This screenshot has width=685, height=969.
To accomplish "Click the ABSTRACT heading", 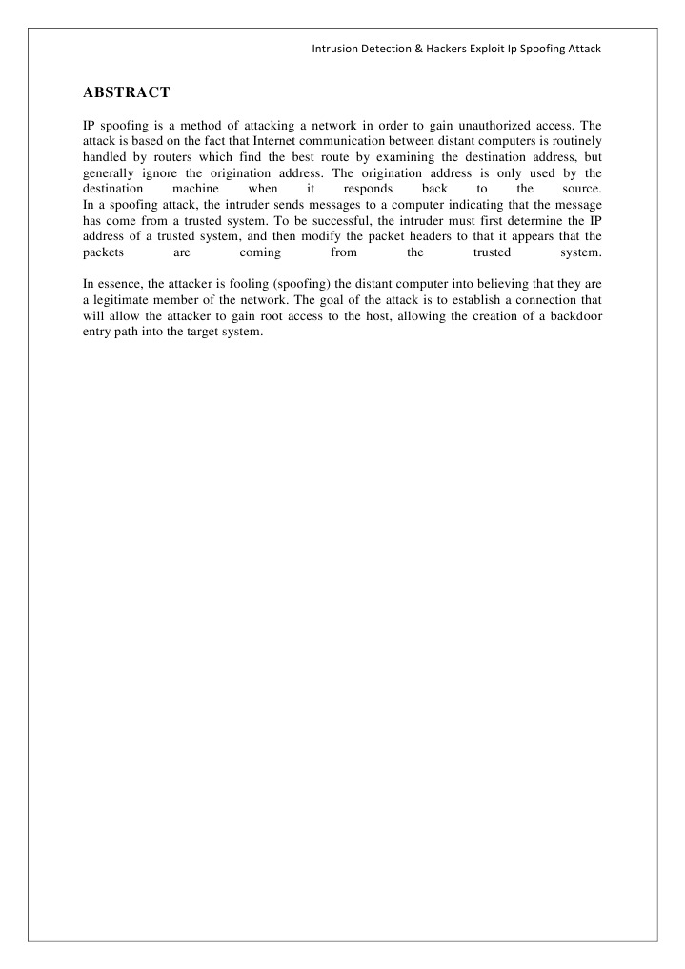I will (x=127, y=92).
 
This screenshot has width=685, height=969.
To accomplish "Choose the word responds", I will (x=368, y=190).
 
